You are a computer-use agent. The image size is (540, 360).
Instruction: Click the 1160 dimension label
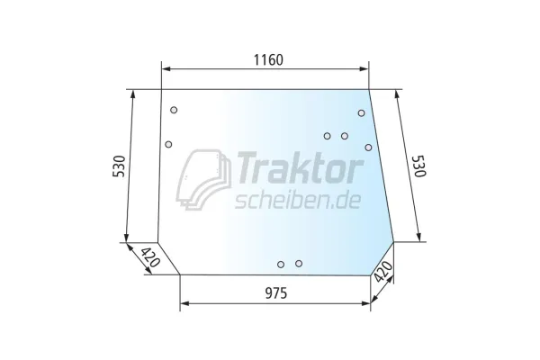pyautogui.click(x=268, y=60)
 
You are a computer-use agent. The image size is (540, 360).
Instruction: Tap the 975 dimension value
pyautogui.click(x=276, y=293)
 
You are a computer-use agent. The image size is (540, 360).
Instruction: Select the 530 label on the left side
pyautogui.click(x=119, y=166)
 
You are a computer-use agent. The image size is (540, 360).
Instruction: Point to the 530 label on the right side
pyautogui.click(x=419, y=166)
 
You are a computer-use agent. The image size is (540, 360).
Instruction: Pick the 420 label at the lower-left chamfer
pyautogui.click(x=150, y=257)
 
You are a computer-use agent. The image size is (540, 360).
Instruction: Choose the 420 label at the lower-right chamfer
pyautogui.click(x=383, y=272)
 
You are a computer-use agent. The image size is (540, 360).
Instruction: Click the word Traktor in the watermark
pyautogui.click(x=299, y=169)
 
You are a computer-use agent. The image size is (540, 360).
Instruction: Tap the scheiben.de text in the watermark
pyautogui.click(x=298, y=201)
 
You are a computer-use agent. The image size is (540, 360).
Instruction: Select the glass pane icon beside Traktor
pyautogui.click(x=203, y=179)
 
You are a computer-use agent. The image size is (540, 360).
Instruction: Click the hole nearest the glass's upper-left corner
pyautogui.click(x=174, y=110)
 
